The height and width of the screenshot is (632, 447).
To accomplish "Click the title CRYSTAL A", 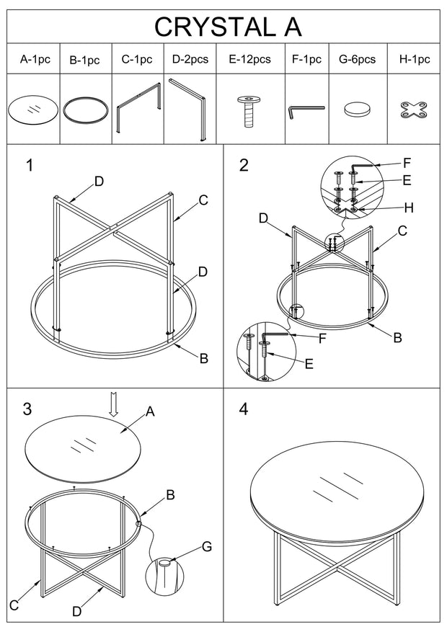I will tap(227, 27).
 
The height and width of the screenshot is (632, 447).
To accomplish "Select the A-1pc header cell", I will tap(34, 60).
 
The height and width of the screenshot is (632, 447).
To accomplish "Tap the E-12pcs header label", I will tap(249, 60).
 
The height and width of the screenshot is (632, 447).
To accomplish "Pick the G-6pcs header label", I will tap(357, 60).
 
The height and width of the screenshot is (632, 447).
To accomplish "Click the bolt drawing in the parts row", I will tap(249, 109).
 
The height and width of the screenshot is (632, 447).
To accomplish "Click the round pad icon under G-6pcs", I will tap(357, 110).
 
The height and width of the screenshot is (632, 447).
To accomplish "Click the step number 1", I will tap(30, 165).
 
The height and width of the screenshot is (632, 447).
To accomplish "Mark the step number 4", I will tap(244, 409).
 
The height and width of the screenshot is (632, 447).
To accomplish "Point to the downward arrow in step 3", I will tap(112, 404).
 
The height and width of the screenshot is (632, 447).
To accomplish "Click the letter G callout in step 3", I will tap(207, 547).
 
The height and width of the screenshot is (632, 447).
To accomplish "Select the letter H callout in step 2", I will tap(409, 208).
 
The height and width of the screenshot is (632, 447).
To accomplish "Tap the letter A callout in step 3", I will tap(150, 411).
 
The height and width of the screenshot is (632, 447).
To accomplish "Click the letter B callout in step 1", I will tap(204, 357).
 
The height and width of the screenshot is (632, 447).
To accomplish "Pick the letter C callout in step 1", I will tap(203, 200).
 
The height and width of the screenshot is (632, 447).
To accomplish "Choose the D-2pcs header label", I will tap(190, 60).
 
